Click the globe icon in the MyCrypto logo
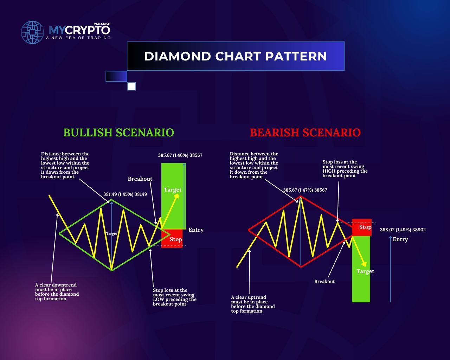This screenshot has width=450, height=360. (32, 32)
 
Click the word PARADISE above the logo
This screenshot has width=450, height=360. (102, 24)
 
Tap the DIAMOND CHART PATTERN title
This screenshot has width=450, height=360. (236, 56)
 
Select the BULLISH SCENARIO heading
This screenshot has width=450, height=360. (118, 133)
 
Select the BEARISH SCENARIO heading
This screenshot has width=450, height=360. (305, 133)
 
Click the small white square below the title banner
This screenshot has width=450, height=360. (131, 86)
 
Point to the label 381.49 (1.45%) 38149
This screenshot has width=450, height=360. (125, 194)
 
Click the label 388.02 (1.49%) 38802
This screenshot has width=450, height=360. (403, 230)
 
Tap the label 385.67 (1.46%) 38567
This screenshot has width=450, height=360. (180, 155)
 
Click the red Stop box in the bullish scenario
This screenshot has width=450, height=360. (172, 238)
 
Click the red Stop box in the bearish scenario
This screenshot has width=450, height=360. (362, 227)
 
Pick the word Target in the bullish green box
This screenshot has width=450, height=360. (173, 190)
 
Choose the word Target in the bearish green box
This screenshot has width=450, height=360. (365, 271)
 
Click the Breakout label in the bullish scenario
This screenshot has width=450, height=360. (140, 179)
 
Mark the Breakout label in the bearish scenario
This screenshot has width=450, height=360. (324, 281)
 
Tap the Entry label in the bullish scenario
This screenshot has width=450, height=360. (196, 230)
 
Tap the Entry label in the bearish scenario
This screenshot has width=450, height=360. (400, 239)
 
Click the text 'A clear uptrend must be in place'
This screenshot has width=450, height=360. (249, 300)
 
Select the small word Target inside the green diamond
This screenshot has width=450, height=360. (111, 234)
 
